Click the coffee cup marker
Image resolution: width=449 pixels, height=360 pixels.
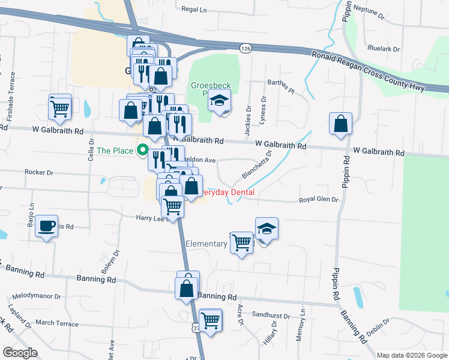[x=46, y=227]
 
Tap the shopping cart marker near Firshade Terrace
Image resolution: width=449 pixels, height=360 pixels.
[x=60, y=109]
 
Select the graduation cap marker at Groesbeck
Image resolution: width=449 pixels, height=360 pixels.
[x=220, y=101]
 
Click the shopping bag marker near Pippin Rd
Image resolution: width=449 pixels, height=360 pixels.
[x=340, y=124]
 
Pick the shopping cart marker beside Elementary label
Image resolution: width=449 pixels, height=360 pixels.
[x=241, y=243]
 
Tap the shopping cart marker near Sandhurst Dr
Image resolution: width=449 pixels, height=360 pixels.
[x=210, y=320]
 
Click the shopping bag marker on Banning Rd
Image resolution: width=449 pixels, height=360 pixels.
[x=187, y=287]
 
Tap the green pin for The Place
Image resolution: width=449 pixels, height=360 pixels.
[x=143, y=150]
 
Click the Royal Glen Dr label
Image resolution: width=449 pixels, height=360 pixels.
[x=319, y=200]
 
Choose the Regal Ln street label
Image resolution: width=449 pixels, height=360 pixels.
[x=193, y=10]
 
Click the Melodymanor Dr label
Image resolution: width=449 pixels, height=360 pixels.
[x=37, y=296]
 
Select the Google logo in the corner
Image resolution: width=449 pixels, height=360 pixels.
[x=20, y=352]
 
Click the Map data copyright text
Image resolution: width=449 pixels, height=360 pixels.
[x=412, y=355]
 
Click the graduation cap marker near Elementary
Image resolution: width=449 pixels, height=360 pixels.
[x=267, y=229]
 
